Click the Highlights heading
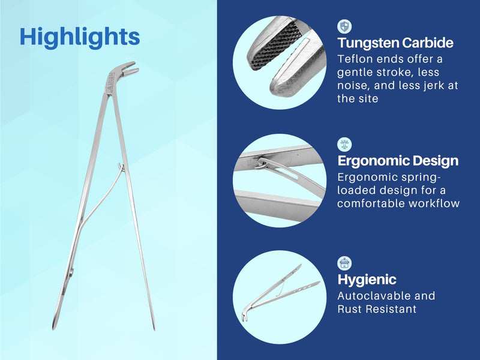tap(80, 37)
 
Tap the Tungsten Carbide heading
tap(395, 43)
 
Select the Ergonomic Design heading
tap(397, 161)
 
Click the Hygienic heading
tap(367, 280)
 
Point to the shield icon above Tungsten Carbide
tap(344, 26)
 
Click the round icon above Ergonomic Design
tap(344, 144)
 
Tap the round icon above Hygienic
tap(344, 263)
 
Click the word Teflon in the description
tap(355, 59)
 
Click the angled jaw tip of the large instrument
tap(127, 68)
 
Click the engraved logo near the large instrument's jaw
tap(110, 80)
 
